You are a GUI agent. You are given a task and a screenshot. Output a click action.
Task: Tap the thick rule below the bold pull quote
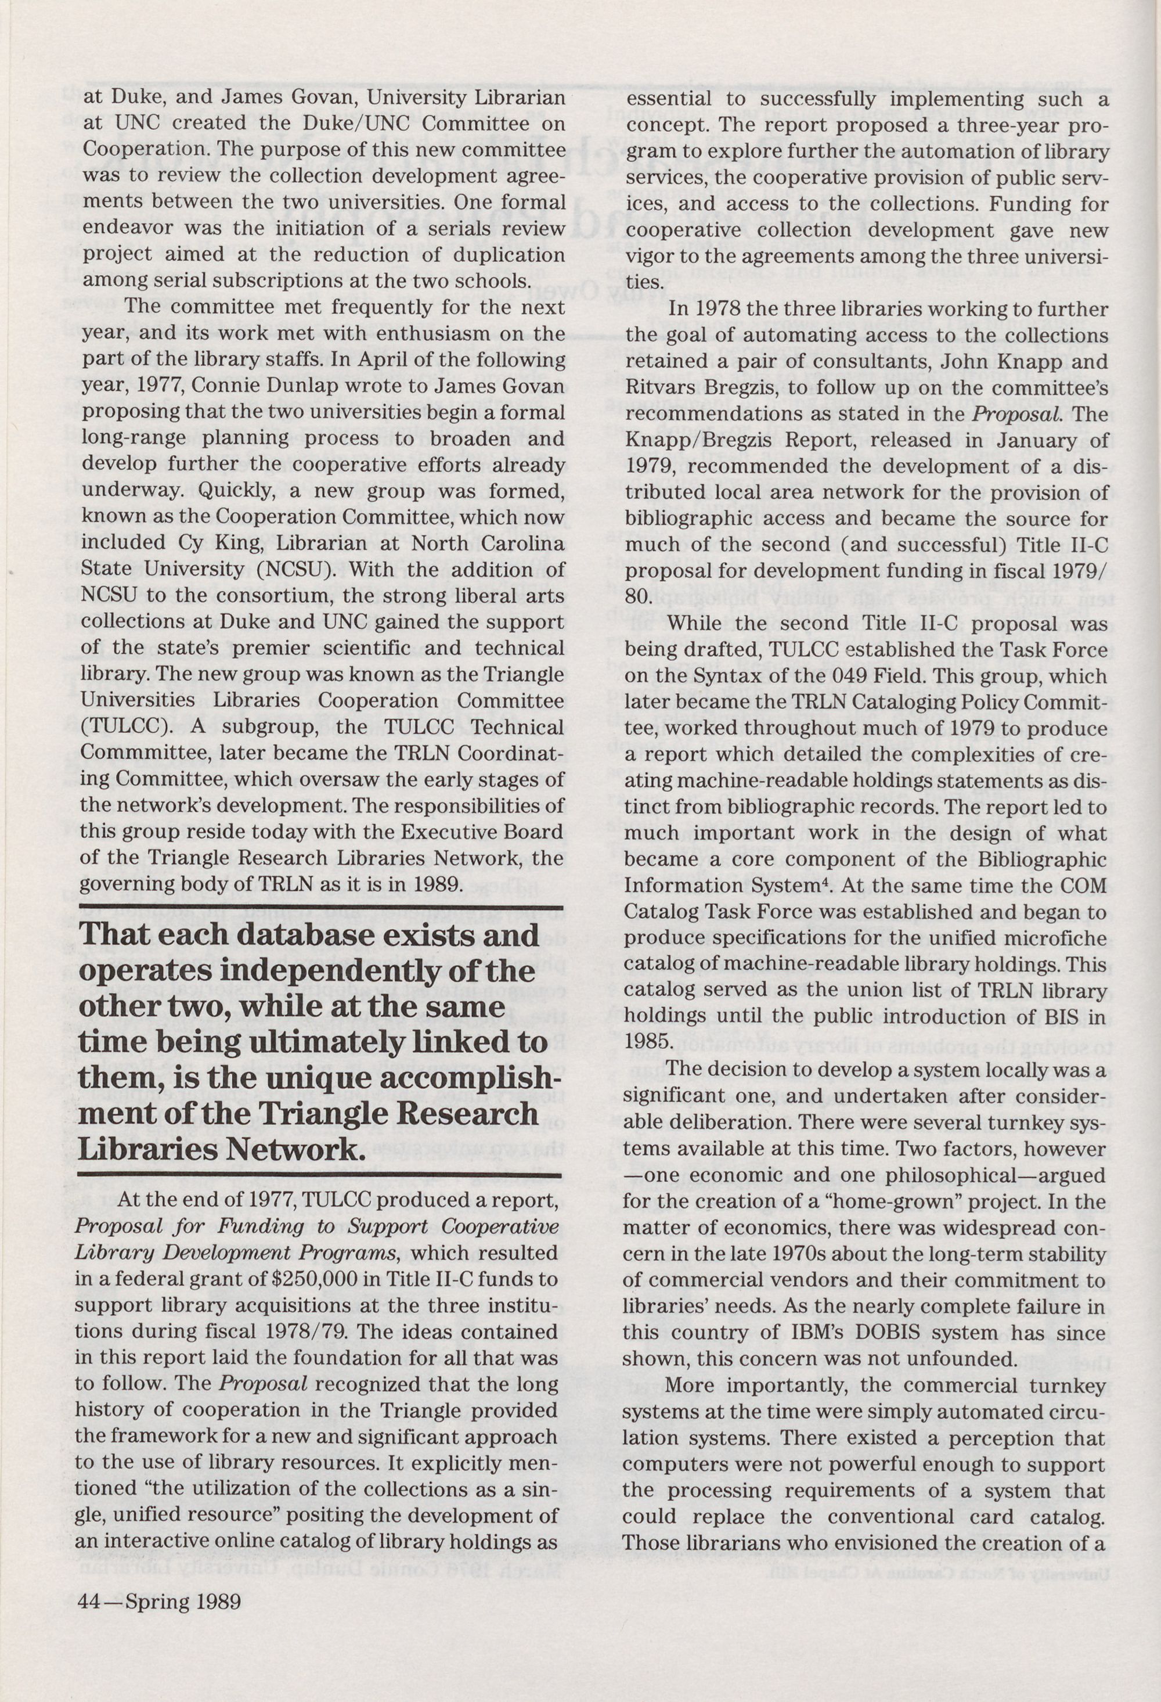(319, 1175)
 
